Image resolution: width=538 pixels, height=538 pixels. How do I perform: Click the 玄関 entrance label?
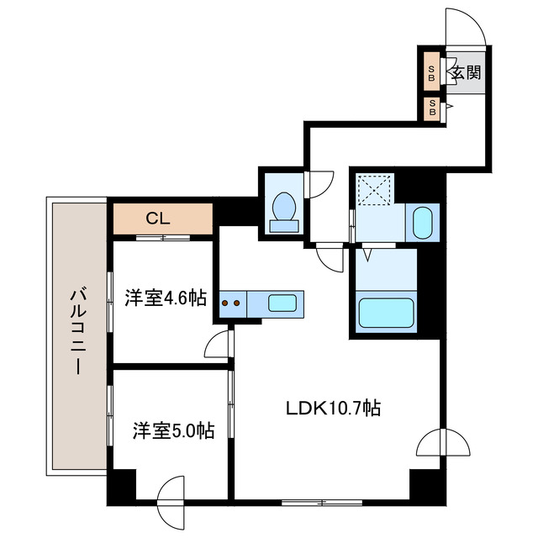[x=466, y=73]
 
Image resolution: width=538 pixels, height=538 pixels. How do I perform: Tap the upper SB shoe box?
[x=431, y=71]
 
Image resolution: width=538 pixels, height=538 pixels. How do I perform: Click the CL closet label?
[x=158, y=219]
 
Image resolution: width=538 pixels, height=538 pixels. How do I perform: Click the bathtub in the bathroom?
[x=386, y=312]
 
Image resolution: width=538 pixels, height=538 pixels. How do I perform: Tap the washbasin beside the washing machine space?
[x=422, y=222]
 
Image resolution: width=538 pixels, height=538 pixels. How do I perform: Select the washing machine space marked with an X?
[x=375, y=189]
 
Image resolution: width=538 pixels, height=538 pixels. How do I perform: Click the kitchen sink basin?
[x=282, y=303]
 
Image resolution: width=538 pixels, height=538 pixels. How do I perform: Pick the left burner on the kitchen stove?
[x=225, y=303]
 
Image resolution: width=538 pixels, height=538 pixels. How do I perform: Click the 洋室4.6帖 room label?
[x=166, y=298]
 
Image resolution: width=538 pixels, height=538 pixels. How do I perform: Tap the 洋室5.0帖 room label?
[x=174, y=431]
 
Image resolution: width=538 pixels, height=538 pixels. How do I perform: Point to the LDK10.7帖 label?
[x=334, y=408]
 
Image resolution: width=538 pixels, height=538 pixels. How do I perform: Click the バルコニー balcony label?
[x=78, y=331]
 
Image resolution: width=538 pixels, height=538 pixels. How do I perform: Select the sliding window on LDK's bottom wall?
[x=322, y=503]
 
